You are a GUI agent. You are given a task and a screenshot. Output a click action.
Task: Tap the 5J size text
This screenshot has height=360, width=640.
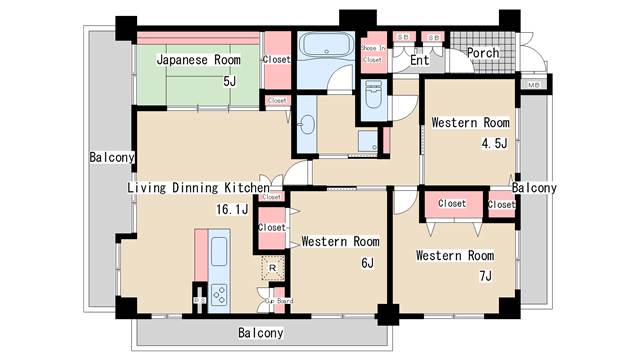pos(230,81)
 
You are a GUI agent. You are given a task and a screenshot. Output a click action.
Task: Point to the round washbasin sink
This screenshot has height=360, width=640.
pos(307,125)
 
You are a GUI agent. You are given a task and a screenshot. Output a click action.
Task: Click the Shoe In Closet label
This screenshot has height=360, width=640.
pos(372,54)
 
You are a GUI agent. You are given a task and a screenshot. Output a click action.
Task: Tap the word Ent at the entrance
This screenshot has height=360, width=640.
pos(419,61)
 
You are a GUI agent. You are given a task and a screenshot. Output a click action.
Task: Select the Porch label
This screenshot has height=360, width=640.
pos(483,53)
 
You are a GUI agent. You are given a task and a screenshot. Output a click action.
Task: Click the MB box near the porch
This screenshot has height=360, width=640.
pos(533,85)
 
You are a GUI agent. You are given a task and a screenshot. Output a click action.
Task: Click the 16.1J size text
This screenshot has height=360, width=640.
pos(231,209)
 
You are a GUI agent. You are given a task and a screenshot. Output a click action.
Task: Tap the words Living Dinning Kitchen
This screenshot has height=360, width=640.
pos(198,187)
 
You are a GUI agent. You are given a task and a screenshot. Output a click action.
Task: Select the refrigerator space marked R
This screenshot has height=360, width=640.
pos(272,267)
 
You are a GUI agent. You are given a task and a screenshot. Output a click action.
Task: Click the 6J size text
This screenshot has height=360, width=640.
pos(367,263)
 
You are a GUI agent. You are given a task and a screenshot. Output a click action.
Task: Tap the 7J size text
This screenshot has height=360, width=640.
pos(486,276)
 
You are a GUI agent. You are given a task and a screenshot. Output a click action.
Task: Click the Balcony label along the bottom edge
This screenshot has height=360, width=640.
pos(260,333)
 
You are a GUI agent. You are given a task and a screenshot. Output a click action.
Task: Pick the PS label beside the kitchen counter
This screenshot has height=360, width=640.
pos(198,299)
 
